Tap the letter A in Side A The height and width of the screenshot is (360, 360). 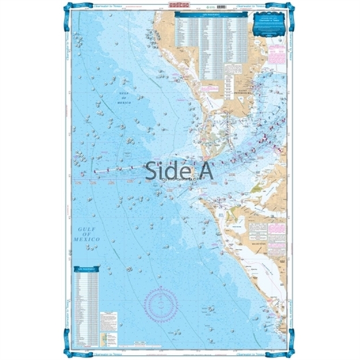pyautogui.click(x=206, y=170)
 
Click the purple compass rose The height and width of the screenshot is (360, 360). pyautogui.click(x=161, y=301)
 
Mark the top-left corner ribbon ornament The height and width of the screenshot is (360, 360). pyautogui.click(x=67, y=10)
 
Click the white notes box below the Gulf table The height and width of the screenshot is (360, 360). pyautogui.click(x=109, y=320)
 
